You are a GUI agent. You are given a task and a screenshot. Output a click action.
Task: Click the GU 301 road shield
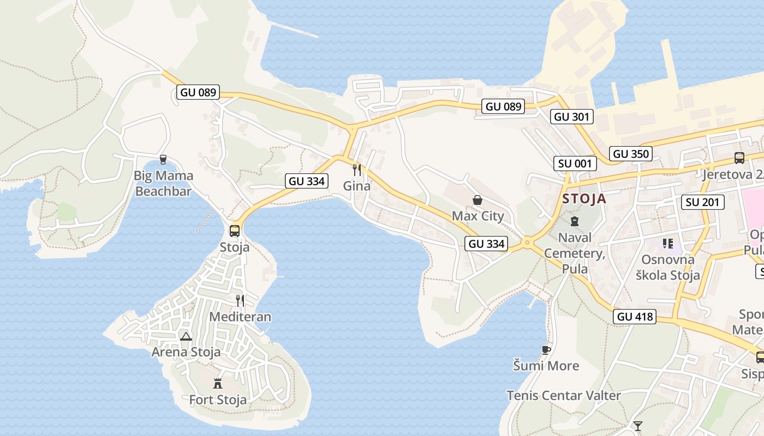(x=571, y=116)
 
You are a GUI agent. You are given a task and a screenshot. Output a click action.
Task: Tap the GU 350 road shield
(x=631, y=154)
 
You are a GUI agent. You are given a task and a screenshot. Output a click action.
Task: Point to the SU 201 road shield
(x=703, y=202)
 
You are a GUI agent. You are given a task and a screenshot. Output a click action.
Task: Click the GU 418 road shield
(x=635, y=317)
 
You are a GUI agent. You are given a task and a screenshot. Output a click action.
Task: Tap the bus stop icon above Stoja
(x=235, y=231)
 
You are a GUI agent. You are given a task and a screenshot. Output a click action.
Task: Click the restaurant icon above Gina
(x=357, y=169)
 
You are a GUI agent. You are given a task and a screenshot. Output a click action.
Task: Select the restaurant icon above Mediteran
(x=240, y=300)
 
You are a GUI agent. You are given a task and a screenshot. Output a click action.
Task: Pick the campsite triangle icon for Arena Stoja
(x=186, y=336)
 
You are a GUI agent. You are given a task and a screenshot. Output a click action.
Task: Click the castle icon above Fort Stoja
(x=218, y=383)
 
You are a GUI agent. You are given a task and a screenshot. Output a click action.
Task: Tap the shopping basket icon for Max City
(x=477, y=200)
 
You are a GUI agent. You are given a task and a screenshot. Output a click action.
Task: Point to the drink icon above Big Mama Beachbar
(x=163, y=159)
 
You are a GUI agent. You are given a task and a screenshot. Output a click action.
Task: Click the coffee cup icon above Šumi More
(x=546, y=349)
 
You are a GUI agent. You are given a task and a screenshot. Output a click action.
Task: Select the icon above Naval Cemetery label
(x=574, y=221)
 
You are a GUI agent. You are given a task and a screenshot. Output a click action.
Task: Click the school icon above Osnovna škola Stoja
(x=667, y=243)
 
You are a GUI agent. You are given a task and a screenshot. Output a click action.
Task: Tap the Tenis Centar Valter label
(x=564, y=396)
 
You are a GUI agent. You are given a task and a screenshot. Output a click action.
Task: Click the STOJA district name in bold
(x=584, y=198)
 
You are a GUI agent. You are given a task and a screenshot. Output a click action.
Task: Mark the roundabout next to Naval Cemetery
(x=527, y=243)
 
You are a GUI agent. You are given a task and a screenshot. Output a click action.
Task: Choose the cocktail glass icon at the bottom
(x=637, y=426)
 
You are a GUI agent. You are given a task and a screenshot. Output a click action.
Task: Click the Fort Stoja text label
(x=218, y=400)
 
